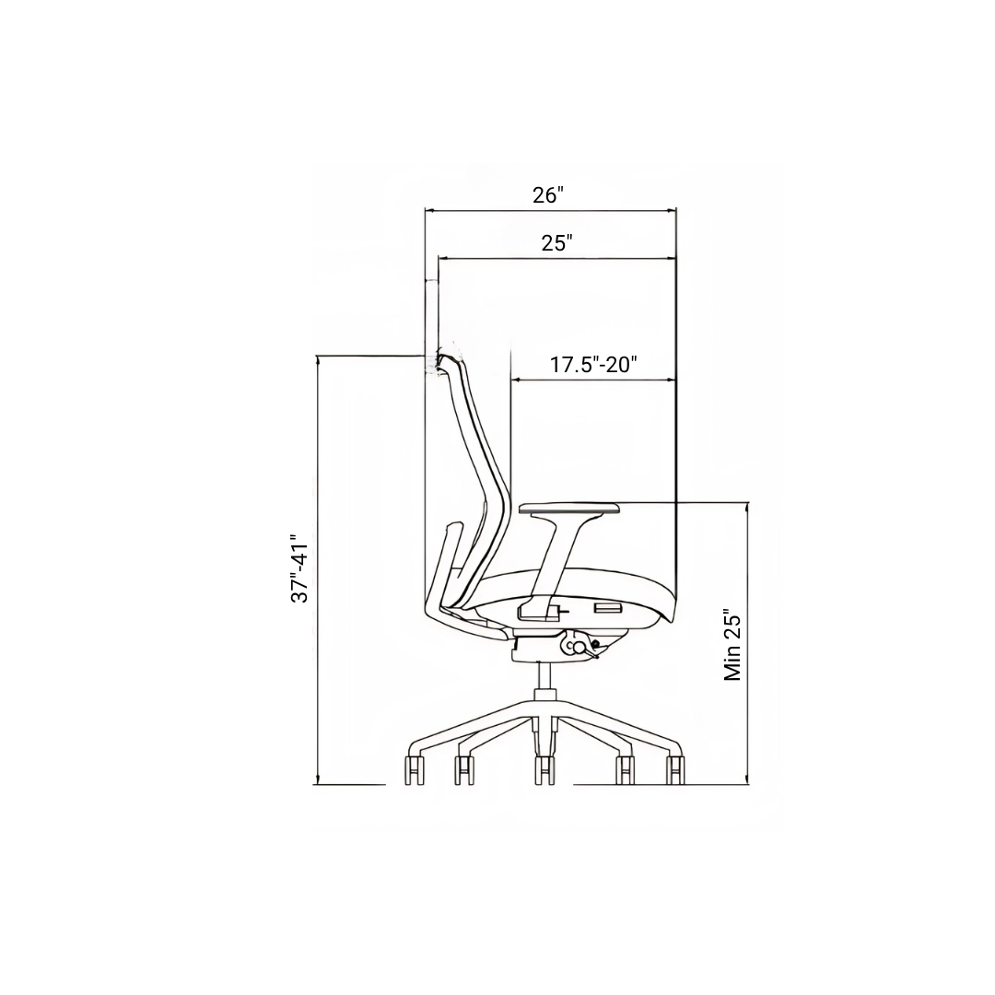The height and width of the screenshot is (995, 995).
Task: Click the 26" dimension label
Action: tap(548, 194)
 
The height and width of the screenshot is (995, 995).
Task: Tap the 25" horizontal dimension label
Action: tap(557, 243)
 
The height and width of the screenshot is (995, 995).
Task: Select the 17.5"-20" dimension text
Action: tap(593, 365)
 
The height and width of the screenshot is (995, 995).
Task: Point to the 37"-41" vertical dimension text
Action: tap(299, 568)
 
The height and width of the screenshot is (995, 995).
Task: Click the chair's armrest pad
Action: tap(570, 509)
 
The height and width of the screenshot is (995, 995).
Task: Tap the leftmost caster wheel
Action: tap(414, 770)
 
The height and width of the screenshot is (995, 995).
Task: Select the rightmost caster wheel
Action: tap(675, 770)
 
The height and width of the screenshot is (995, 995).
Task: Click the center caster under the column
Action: tap(544, 770)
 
